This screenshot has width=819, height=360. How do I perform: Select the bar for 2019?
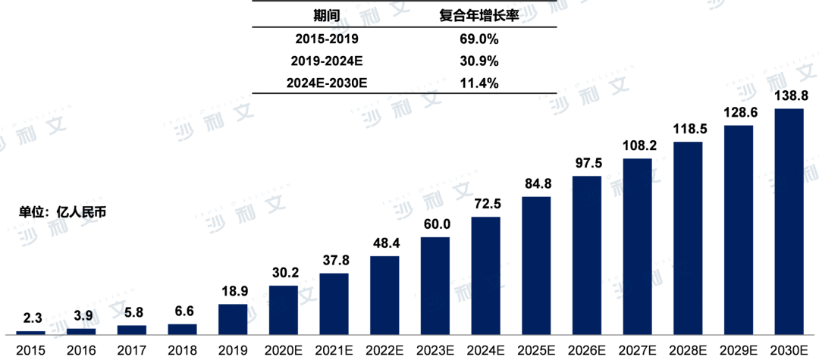(232, 319)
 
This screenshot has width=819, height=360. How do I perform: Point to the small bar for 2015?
(30, 332)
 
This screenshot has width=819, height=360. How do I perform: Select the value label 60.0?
(435, 225)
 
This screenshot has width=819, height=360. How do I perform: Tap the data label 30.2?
(283, 273)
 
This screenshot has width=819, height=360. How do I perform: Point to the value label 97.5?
(587, 164)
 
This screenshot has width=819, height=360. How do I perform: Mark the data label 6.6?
(182, 311)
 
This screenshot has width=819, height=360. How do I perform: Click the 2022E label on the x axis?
(384, 349)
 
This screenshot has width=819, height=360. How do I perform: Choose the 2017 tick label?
(131, 349)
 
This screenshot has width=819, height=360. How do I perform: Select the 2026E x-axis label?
(587, 349)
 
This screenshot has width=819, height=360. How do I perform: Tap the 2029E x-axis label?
(739, 349)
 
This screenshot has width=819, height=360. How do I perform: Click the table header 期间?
(326, 14)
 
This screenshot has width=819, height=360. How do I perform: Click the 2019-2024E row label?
(326, 60)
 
